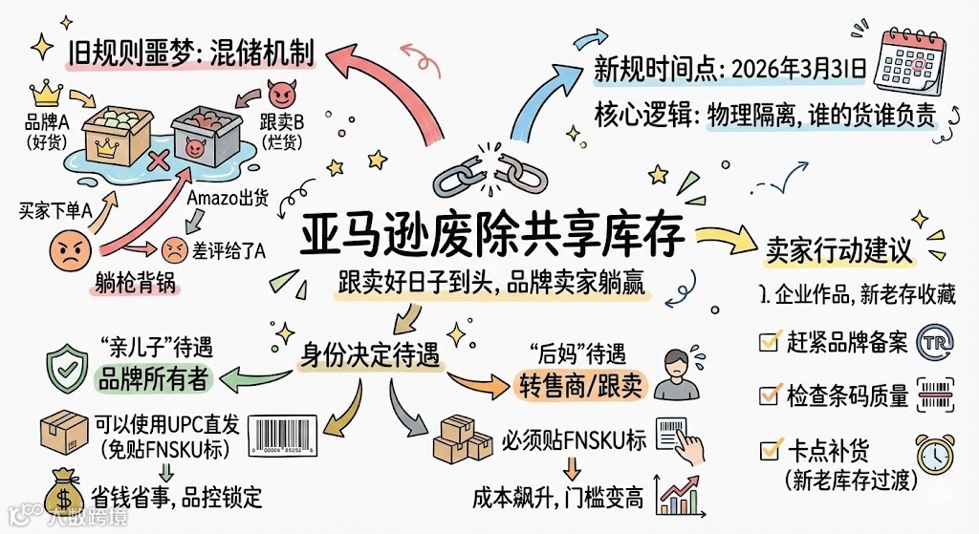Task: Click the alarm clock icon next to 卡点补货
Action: [x=934, y=453]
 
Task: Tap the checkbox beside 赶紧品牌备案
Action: [x=768, y=341]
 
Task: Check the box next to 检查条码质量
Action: [x=768, y=395]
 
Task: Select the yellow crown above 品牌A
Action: [x=47, y=94]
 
